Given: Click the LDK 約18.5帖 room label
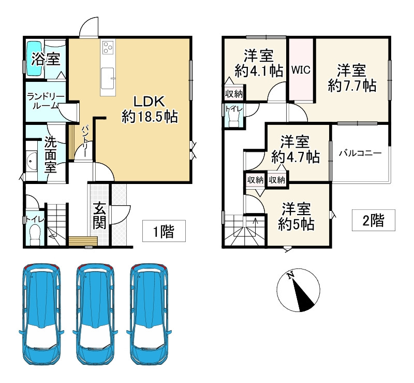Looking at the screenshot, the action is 150,109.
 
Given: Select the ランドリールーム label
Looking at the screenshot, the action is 46,101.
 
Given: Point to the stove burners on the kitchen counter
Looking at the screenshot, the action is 108,47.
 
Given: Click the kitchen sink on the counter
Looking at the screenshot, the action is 108,78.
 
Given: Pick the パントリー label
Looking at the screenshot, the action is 85,142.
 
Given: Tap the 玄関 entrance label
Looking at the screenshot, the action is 99,215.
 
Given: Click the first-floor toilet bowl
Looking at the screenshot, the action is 35,233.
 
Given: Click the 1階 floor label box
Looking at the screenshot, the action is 164,231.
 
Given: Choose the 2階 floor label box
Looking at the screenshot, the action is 373,220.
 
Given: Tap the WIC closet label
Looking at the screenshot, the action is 301,70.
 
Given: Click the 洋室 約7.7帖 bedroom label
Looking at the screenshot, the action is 352,78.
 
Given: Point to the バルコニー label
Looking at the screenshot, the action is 360,153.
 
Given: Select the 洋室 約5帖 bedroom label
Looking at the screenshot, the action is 296,217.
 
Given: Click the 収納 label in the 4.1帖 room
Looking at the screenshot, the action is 234,94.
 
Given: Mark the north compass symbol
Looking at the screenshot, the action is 299,290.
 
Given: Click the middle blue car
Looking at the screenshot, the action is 95,314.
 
